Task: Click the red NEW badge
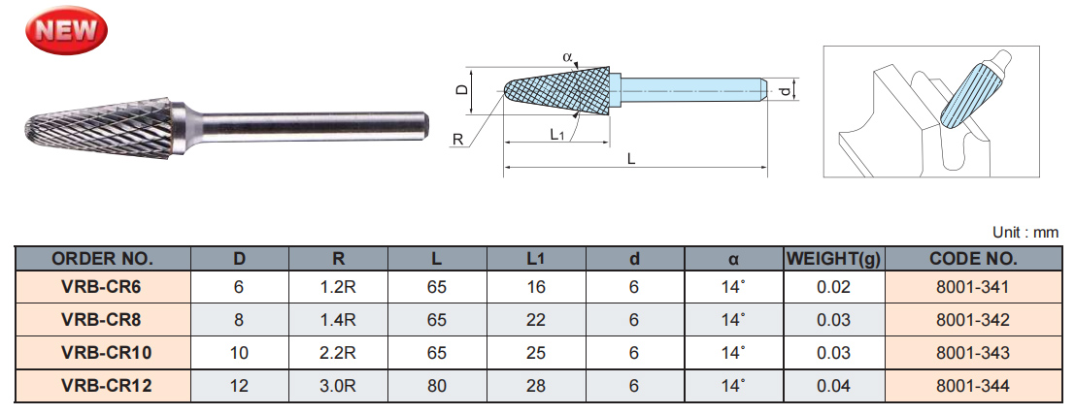coord(67,29)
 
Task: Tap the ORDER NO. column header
coord(102,259)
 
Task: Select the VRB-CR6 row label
coord(102,287)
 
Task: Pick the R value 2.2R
coord(339,353)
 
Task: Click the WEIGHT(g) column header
coord(834,259)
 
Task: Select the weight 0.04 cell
coord(834,386)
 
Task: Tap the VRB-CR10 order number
coord(102,353)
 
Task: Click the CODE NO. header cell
coord(973,259)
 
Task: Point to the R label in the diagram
coord(457,140)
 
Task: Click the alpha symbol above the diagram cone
coord(567,57)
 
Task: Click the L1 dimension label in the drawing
coord(556,135)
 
